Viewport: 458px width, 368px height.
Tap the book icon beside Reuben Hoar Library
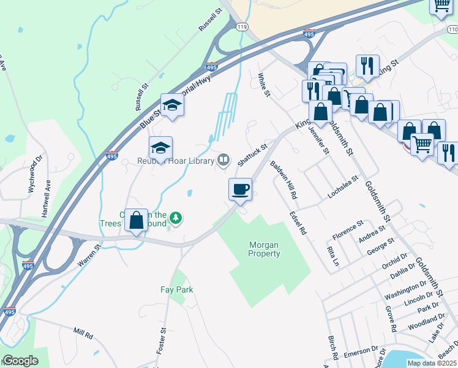[224, 161]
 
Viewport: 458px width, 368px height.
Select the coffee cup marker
[241, 188]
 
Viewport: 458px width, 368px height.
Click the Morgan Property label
[265, 249]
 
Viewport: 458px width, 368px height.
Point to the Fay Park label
[176, 288]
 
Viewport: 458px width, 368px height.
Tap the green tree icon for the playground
[176, 218]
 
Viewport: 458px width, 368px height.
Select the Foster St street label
[163, 339]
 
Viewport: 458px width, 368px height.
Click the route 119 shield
[242, 28]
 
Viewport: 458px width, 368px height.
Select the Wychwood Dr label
[35, 173]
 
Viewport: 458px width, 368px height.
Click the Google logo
[20, 361]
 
